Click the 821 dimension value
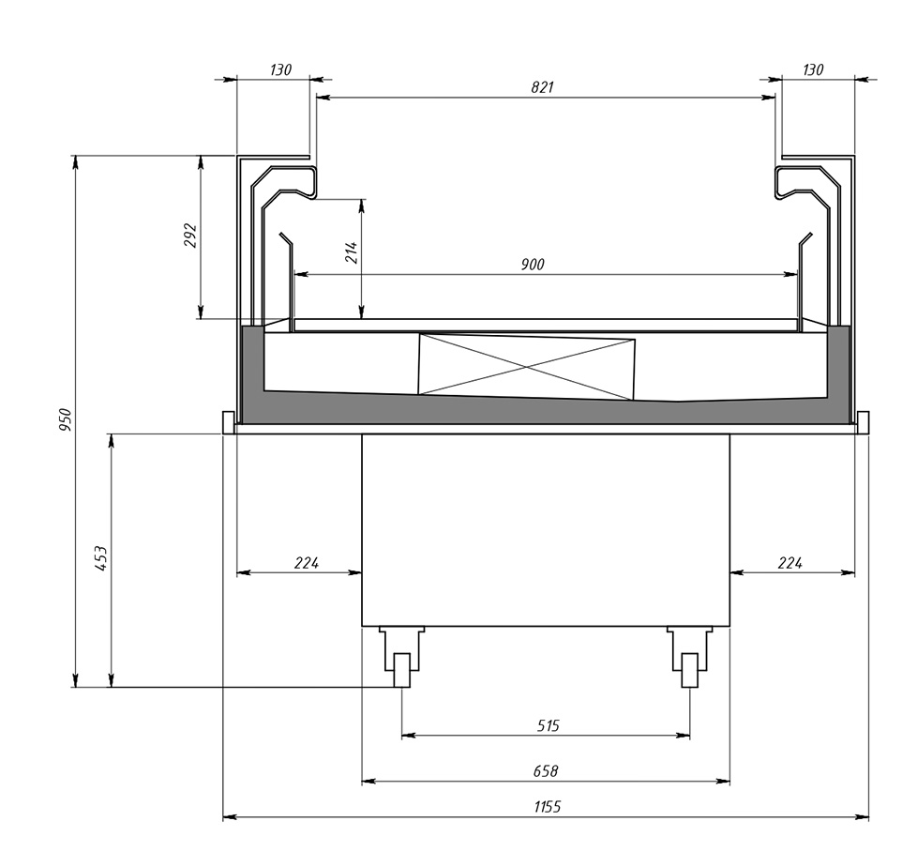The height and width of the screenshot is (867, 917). click(x=542, y=87)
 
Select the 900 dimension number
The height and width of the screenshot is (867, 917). click(x=533, y=265)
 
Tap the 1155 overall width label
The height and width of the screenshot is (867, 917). click(x=548, y=807)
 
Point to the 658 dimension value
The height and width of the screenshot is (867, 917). click(x=546, y=771)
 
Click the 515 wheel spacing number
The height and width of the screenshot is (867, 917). click(x=548, y=726)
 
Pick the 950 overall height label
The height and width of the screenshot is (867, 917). click(x=65, y=420)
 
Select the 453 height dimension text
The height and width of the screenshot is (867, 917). click(x=101, y=558)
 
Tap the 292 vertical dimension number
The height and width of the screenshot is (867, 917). click(x=191, y=236)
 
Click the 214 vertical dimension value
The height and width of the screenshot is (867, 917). click(x=351, y=252)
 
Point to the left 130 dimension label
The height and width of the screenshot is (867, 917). click(x=280, y=69)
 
